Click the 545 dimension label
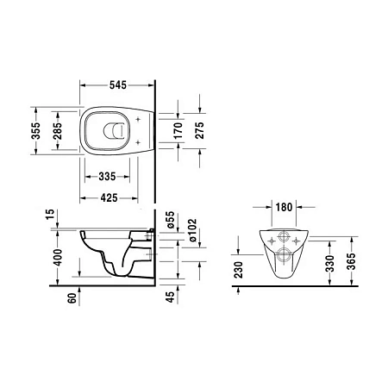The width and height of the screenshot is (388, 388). [x=118, y=84]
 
